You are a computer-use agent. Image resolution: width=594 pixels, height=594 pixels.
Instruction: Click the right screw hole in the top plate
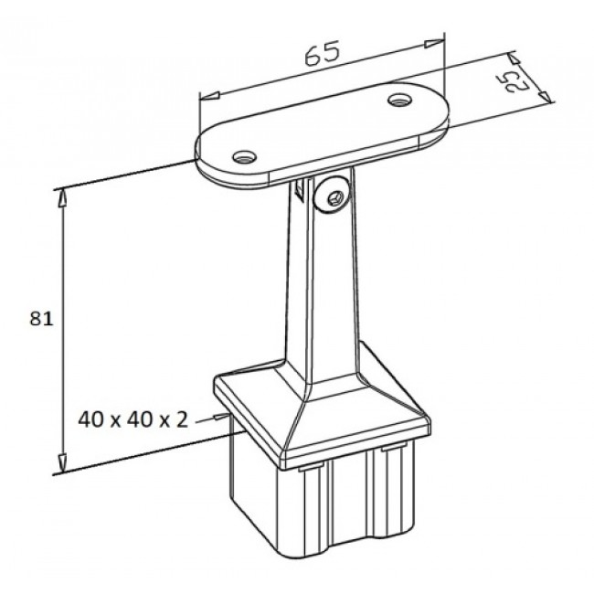point(399,99)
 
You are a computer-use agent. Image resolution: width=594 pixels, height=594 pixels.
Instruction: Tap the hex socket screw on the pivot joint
point(333,195)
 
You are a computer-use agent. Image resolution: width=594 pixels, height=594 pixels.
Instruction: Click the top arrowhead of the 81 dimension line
point(61,196)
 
